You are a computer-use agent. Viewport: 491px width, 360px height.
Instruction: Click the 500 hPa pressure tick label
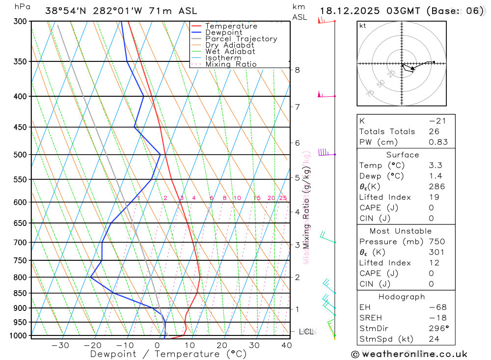point(20,155)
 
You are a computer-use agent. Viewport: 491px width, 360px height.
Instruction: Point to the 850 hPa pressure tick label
point(20,293)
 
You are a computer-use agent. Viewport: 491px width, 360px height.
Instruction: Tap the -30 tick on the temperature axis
point(60,345)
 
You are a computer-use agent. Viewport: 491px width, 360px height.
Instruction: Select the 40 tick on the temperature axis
point(286,345)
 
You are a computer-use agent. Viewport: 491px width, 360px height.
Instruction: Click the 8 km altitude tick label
point(298,70)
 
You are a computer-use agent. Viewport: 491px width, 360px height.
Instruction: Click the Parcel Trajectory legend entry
point(241,39)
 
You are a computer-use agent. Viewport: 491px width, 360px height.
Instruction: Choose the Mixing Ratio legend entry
point(231,64)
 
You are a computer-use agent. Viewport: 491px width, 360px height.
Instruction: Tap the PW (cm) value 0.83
point(438,142)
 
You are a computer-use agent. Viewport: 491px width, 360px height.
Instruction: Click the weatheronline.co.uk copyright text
point(409,354)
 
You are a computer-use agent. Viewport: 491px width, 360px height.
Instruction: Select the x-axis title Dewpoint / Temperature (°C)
point(168,354)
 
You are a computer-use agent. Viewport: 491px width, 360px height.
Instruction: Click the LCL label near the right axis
point(306,332)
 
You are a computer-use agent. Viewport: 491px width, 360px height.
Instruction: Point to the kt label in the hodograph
point(363,26)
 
